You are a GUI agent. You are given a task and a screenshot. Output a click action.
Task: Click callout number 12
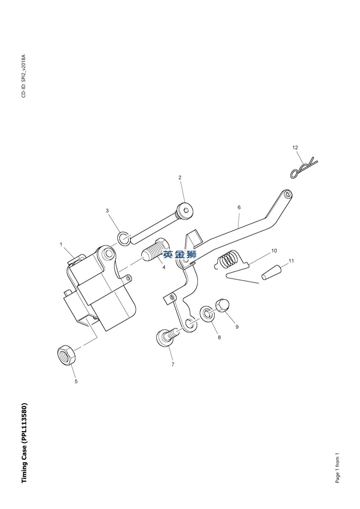point(295,148)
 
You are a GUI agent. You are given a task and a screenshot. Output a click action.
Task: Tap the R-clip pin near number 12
point(302,169)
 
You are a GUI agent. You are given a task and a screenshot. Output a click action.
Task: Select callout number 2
point(180,178)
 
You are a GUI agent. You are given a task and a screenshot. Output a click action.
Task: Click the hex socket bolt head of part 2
point(186,210)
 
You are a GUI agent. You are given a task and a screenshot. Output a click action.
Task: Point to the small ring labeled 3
point(124,239)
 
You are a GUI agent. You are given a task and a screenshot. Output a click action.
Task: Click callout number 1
point(61,244)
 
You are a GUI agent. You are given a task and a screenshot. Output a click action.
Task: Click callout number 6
point(239,208)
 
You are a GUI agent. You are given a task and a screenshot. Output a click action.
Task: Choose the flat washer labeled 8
point(207,314)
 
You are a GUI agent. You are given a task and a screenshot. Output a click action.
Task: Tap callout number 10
point(274,251)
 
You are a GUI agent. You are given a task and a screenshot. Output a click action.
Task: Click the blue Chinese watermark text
point(180,255)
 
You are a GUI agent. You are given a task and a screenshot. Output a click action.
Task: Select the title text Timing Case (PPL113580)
point(24,443)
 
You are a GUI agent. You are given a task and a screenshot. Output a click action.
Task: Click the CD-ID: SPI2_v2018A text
point(24,76)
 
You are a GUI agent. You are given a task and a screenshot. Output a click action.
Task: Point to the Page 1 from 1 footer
point(337,468)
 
